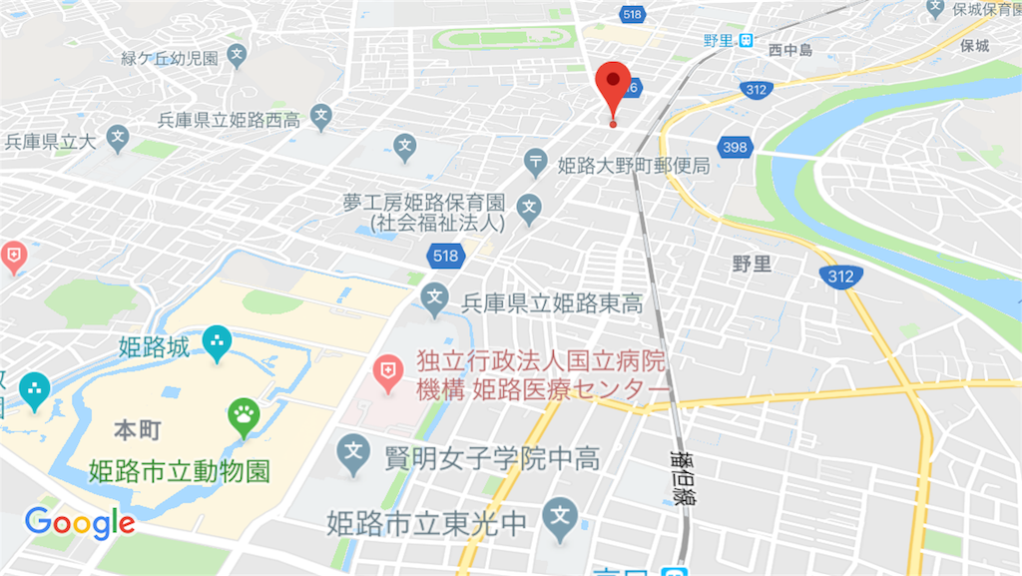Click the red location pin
(612, 88)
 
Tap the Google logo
(79, 522)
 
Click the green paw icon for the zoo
(244, 414)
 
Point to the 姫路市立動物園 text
(179, 470)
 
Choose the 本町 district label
(138, 430)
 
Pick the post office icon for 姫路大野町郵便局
(537, 161)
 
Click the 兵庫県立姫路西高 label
(229, 121)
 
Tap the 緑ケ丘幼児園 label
(170, 58)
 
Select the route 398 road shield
(733, 148)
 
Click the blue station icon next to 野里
(746, 41)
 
